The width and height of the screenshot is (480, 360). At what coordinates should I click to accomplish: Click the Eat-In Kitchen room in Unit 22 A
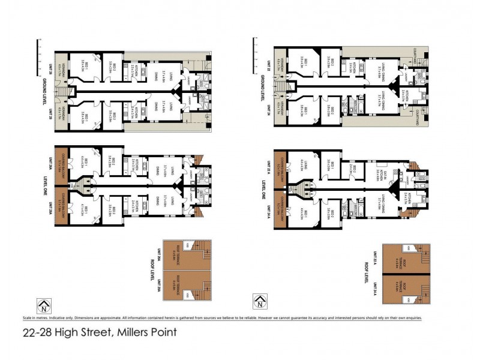379,172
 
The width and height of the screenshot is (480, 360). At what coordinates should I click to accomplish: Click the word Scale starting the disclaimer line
27,318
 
